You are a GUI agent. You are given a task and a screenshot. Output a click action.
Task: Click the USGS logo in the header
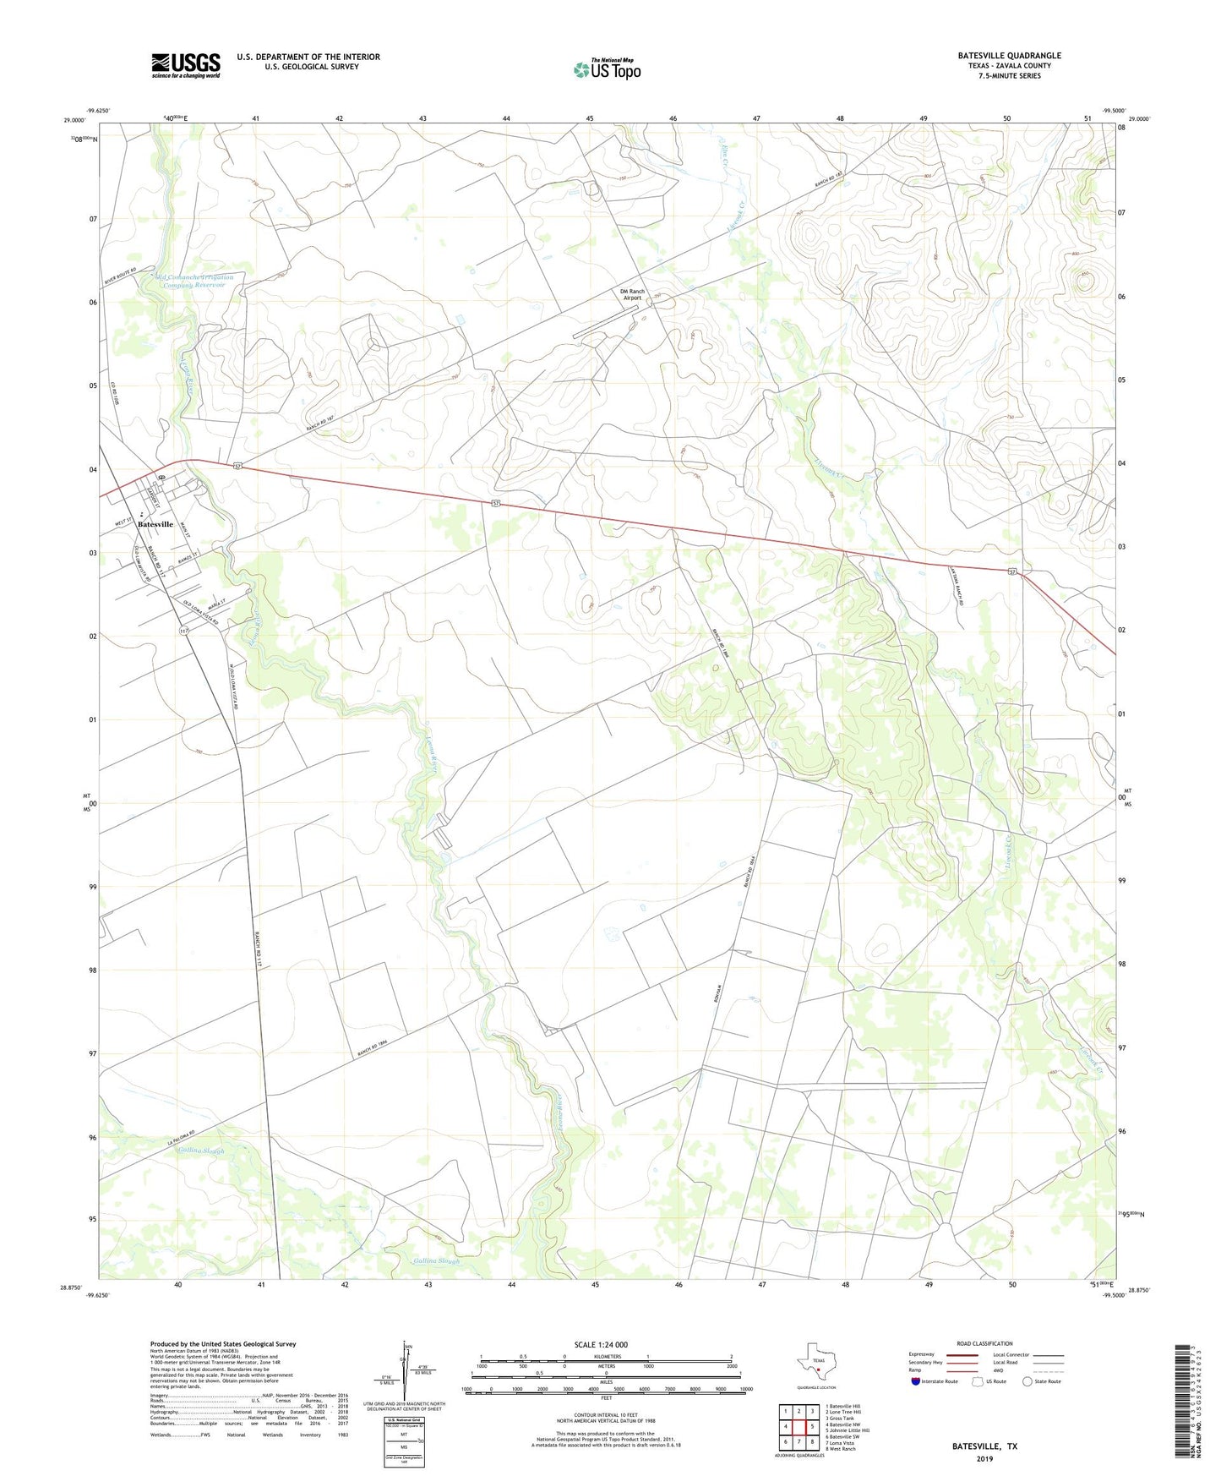click(186, 64)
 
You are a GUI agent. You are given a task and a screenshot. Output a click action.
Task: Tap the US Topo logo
click(607, 69)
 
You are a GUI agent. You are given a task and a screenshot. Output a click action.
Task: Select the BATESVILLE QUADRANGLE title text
click(1009, 56)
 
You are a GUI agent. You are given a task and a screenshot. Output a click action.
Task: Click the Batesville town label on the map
click(155, 524)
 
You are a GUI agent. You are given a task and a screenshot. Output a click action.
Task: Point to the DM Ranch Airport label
click(632, 295)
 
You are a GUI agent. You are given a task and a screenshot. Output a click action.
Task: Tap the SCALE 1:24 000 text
click(606, 1344)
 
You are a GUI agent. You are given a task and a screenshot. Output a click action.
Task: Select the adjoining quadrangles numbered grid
click(798, 1425)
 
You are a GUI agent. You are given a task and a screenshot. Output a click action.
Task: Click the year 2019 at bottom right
click(984, 1459)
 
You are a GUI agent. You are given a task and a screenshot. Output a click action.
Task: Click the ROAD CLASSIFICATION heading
click(984, 1343)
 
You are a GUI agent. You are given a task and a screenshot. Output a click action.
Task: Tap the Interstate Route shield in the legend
click(917, 1381)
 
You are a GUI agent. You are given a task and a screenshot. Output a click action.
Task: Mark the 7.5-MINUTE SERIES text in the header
click(1009, 76)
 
